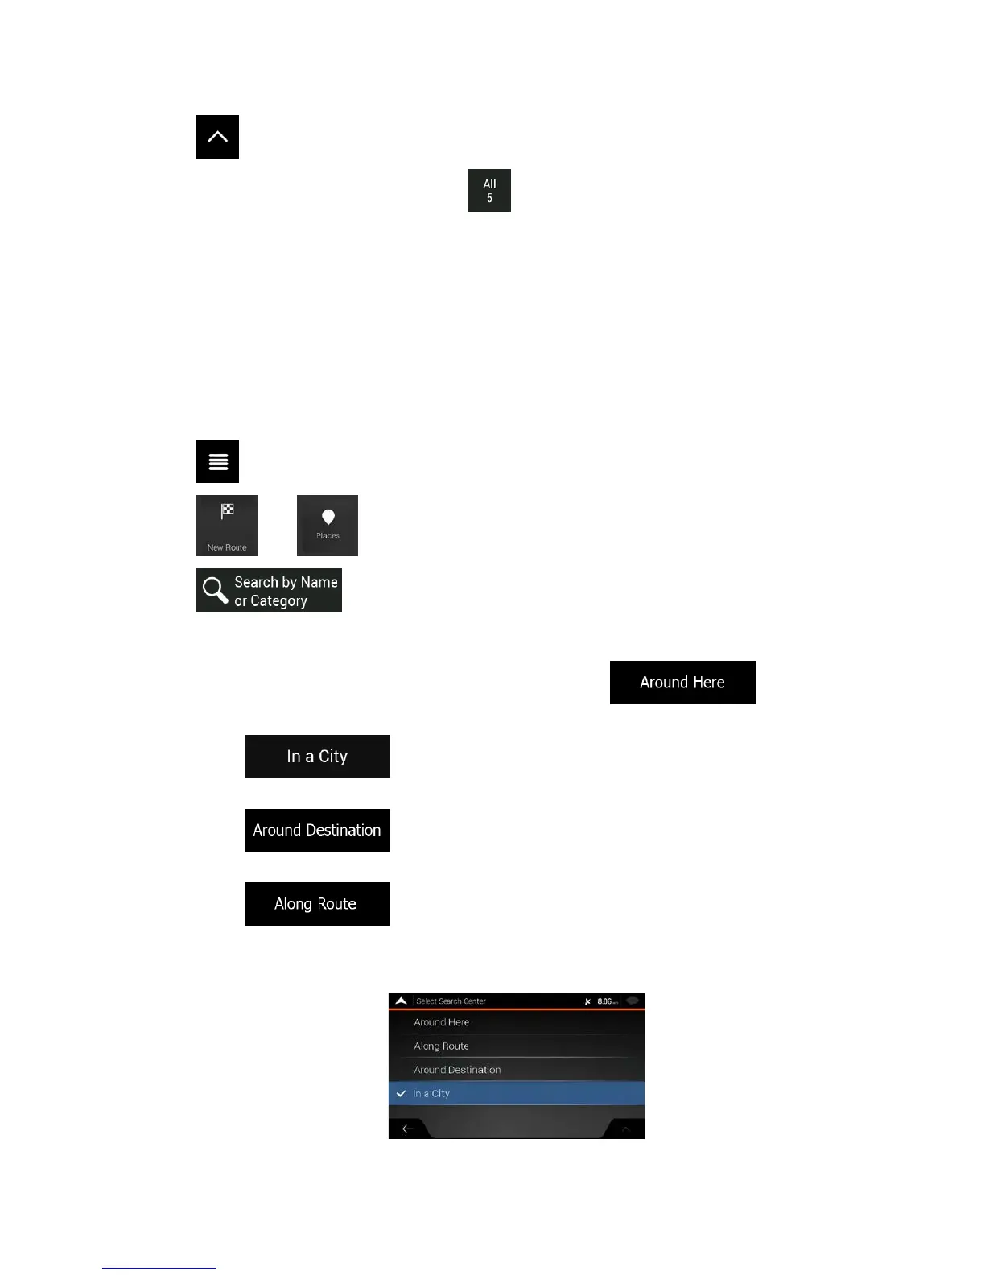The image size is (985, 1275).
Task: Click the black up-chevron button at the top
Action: [217, 137]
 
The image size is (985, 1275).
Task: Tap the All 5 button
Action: [489, 191]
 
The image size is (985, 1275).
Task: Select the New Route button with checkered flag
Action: [227, 526]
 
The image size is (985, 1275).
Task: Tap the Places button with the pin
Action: [328, 526]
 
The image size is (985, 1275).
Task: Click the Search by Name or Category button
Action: [269, 590]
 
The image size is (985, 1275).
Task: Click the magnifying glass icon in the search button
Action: [215, 590]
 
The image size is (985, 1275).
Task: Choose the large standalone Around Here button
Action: [682, 683]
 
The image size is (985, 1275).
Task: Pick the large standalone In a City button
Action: [317, 757]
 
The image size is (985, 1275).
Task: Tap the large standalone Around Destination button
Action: [317, 830]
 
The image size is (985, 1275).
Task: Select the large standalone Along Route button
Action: [317, 904]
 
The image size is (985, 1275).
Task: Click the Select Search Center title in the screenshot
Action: [451, 1001]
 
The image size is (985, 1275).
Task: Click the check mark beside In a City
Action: [401, 1094]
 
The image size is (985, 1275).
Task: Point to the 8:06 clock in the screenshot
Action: [605, 1001]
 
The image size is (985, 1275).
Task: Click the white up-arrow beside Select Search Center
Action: [401, 1001]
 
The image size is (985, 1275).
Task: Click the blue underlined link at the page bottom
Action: [159, 1267]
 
